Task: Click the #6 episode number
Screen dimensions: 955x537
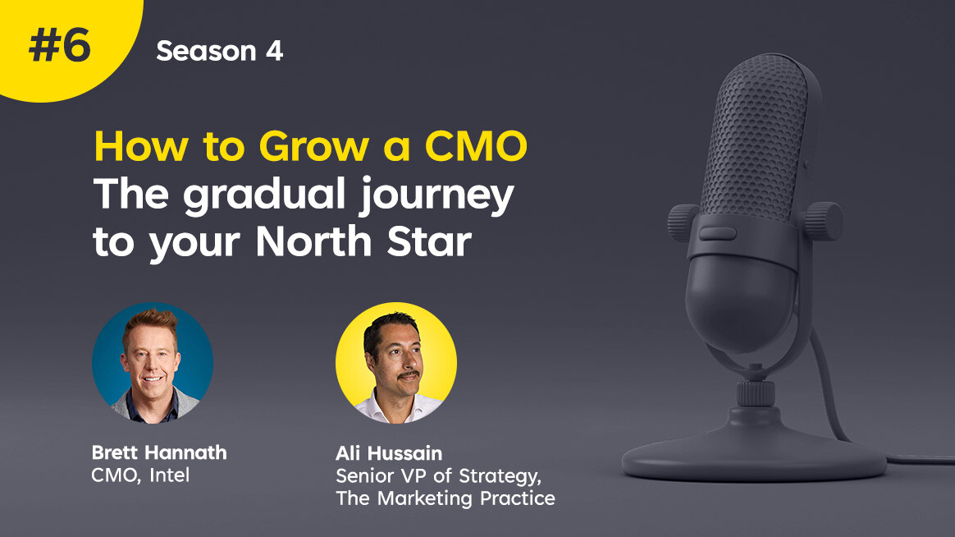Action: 60,46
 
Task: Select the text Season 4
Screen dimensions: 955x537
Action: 219,51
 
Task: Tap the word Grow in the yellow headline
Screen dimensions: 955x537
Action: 314,147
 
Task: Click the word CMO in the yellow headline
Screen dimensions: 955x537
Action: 476,146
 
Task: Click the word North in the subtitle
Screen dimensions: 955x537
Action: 313,241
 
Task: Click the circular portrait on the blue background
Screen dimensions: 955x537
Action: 153,363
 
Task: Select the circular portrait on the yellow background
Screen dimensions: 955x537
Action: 396,363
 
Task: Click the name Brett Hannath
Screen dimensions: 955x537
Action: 159,452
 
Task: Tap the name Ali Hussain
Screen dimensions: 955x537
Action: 389,453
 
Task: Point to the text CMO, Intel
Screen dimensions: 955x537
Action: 140,475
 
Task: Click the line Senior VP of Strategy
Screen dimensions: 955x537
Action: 438,476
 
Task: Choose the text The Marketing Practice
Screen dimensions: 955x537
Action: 446,498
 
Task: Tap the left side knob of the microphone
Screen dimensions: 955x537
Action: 683,223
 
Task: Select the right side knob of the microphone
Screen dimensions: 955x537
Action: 824,221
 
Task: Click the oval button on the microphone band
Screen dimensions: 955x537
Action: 717,233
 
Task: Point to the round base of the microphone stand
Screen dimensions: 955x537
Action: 754,451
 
